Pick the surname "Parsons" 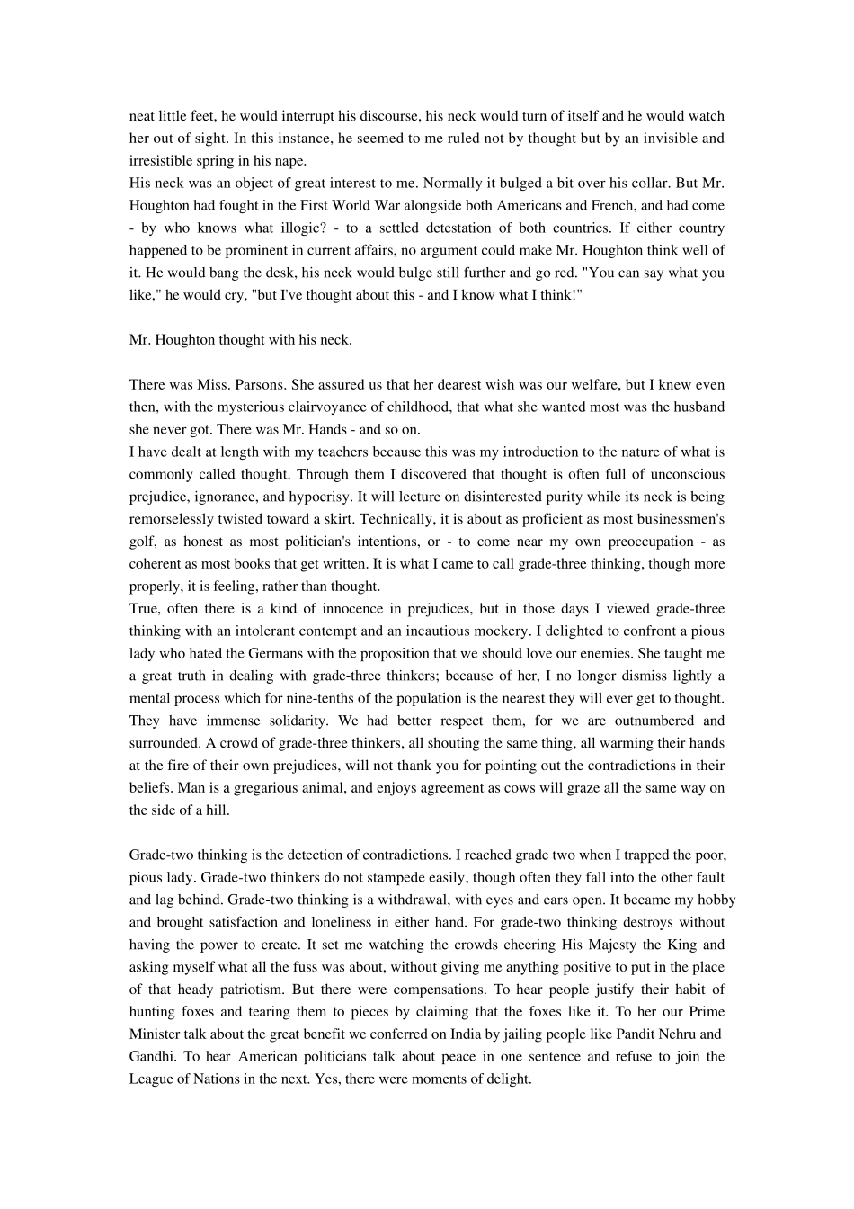pyautogui.click(x=240, y=385)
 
